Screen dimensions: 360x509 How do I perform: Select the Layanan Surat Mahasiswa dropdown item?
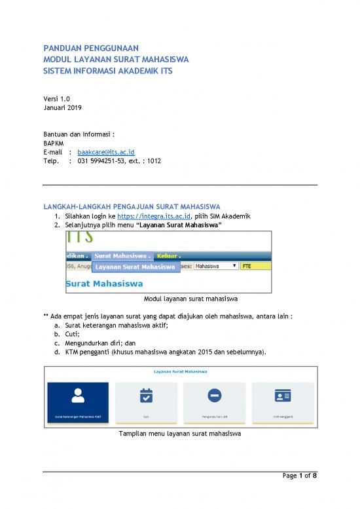coord(135,267)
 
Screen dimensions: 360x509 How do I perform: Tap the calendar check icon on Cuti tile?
coord(146,395)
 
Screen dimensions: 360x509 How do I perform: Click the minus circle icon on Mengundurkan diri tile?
coord(214,395)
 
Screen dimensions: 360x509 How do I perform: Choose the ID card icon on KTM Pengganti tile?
coord(282,395)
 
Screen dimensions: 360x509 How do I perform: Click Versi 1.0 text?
coord(56,98)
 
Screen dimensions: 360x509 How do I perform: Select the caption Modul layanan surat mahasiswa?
coord(181,301)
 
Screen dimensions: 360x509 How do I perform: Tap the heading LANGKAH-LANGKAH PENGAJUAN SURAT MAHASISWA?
coord(131,206)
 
